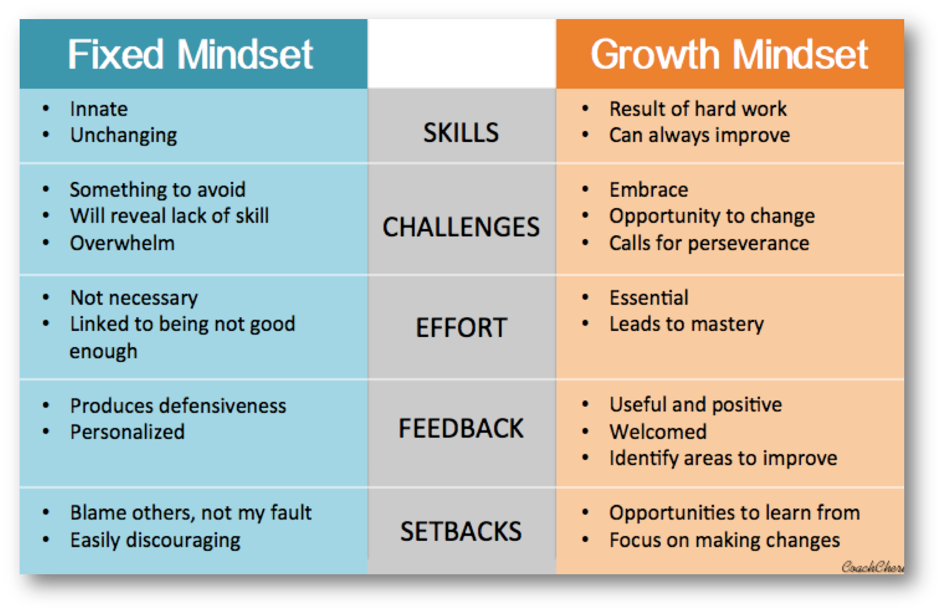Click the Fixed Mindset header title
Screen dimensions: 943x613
(190, 54)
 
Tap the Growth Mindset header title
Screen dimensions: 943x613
(729, 54)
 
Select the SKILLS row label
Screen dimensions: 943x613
(461, 132)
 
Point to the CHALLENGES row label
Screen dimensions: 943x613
(461, 227)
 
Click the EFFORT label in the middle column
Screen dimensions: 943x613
(461, 327)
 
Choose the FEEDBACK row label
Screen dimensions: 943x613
(461, 429)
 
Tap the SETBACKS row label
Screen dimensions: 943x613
(461, 531)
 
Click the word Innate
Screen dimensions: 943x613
(99, 109)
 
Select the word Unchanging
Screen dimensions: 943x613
(124, 136)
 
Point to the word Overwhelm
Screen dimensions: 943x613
(122, 243)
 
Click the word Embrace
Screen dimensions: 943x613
(649, 190)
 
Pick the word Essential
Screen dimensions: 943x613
(649, 298)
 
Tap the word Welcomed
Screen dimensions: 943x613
(658, 432)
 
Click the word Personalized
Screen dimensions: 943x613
(128, 432)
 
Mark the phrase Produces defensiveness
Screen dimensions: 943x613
(178, 406)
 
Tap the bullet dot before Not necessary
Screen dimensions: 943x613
(47, 298)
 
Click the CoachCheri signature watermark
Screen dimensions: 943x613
(873, 567)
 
